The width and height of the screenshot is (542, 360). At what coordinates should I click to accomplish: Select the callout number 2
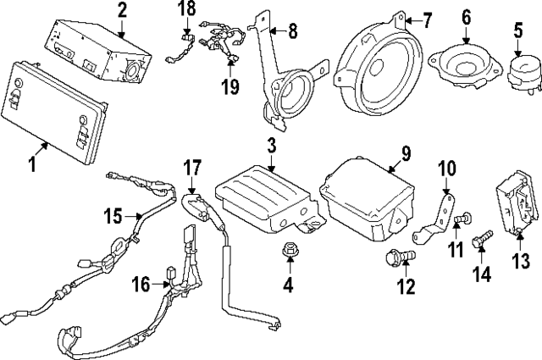122,11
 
